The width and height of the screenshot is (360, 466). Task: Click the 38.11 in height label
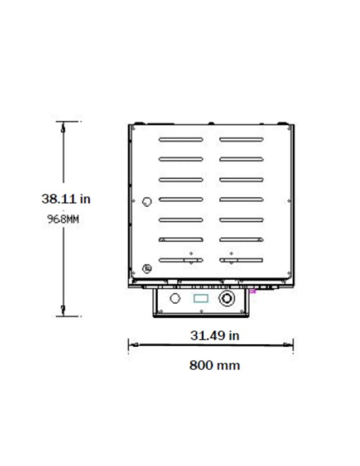tap(66, 199)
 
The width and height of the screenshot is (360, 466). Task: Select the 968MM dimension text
tap(63, 219)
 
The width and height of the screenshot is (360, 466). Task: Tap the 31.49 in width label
tap(214, 335)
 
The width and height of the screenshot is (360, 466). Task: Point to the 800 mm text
tap(214, 365)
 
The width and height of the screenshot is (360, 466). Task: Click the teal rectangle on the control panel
tap(201, 298)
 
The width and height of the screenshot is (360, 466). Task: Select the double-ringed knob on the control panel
tap(226, 298)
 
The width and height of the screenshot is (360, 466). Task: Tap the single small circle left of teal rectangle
tap(175, 298)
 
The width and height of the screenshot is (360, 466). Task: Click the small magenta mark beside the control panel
tap(253, 291)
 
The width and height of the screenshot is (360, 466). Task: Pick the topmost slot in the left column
tap(181, 139)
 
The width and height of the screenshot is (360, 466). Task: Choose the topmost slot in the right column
tap(241, 139)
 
